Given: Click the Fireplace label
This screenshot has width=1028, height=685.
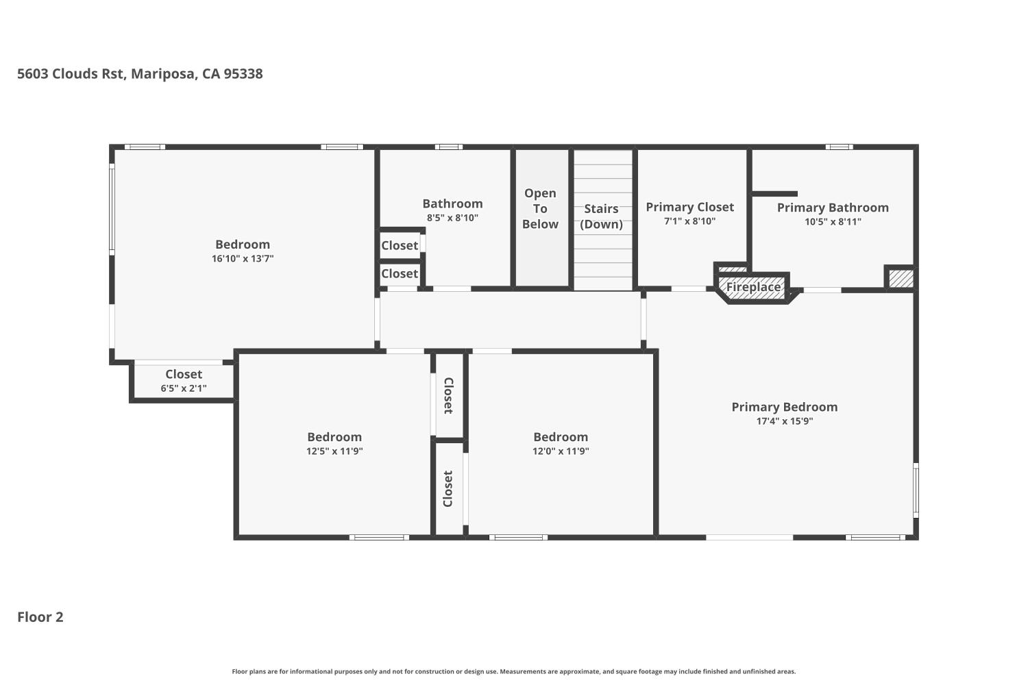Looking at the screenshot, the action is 753,287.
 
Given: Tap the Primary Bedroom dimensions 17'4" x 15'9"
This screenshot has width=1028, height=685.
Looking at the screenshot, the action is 784,421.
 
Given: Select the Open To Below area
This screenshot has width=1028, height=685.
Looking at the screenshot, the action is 541,218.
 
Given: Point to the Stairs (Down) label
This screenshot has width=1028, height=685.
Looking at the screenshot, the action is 601,216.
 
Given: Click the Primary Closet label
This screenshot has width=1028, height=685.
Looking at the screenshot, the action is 689,207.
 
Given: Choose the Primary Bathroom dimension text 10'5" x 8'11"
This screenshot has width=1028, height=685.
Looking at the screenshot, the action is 833,222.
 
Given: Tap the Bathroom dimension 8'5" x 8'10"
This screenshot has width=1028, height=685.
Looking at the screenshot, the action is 452,218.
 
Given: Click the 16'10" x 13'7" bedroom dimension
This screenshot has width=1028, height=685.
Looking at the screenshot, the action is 243,259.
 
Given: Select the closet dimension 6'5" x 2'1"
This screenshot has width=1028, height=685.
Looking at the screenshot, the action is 184,388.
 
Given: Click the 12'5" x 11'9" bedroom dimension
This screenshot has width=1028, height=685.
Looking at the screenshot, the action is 334,451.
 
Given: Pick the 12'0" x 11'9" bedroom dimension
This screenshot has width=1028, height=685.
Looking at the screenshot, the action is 561,451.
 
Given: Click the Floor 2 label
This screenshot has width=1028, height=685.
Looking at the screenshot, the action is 40,617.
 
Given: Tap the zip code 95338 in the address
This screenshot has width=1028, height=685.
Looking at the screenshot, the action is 243,74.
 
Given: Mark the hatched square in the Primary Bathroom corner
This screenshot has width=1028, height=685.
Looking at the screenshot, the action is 901,279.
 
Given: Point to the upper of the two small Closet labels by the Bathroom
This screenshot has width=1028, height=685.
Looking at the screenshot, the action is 400,245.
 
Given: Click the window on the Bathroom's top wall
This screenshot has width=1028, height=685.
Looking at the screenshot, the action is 448,147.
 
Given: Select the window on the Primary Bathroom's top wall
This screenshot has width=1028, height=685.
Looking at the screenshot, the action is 840,147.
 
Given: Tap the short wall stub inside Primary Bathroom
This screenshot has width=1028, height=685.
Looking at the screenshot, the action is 774,194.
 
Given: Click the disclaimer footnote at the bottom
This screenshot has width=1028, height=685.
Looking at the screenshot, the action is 513,671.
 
